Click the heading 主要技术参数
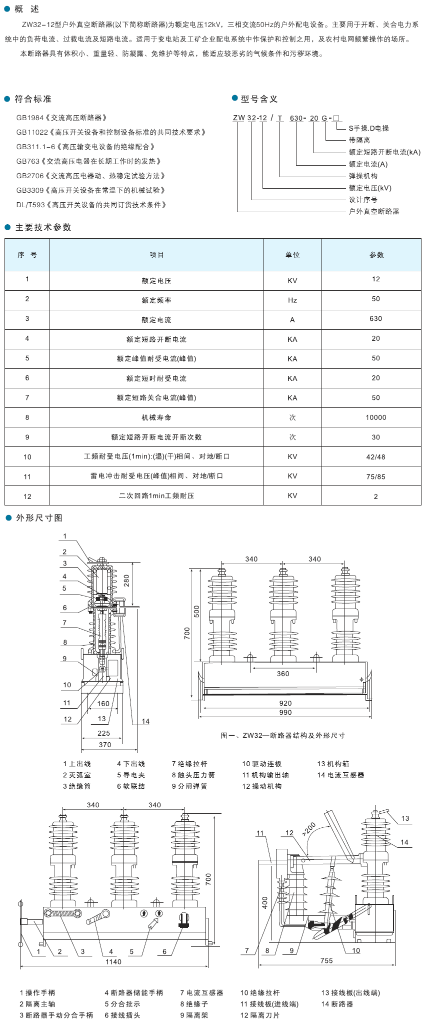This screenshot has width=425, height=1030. (x=43, y=227)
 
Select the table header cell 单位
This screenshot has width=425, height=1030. (x=292, y=255)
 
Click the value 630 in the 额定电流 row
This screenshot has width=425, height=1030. (x=376, y=318)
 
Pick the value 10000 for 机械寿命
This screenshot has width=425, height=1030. (x=376, y=417)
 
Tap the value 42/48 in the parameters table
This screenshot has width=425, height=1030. (x=376, y=456)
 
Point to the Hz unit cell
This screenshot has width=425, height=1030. (x=292, y=300)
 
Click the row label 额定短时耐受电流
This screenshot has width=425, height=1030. (x=156, y=378)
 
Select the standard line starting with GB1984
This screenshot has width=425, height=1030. (x=62, y=118)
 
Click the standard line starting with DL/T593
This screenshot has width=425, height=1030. (x=91, y=205)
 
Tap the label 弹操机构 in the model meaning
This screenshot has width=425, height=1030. (x=363, y=176)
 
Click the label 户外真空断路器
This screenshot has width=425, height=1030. (x=374, y=211)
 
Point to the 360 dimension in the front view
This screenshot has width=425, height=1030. (x=283, y=674)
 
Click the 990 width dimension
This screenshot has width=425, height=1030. (x=285, y=713)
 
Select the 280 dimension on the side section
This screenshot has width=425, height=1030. (x=126, y=581)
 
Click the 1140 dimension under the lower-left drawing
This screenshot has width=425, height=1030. (x=113, y=961)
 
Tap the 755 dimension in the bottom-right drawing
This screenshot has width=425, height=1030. (x=326, y=960)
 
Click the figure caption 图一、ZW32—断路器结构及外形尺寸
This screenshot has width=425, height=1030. (x=283, y=735)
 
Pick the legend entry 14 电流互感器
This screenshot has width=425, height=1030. (x=340, y=775)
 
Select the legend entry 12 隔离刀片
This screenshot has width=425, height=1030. (x=260, y=1015)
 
